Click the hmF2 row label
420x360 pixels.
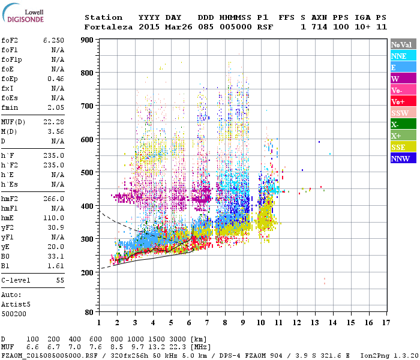coord(11,199)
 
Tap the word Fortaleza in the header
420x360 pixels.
coord(109,27)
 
